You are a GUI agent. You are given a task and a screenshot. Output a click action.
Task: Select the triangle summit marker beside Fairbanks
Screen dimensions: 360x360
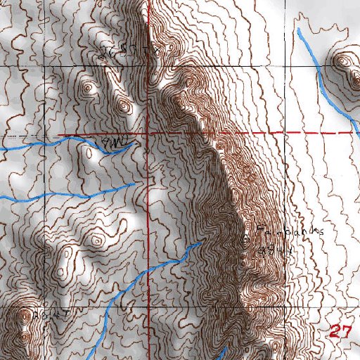tap(246, 239)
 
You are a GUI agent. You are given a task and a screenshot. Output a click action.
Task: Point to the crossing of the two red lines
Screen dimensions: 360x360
tap(148, 134)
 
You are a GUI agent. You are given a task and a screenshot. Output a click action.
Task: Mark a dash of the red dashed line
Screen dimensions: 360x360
tap(309, 133)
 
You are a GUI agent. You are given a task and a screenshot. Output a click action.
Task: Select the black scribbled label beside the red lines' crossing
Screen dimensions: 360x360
tap(112, 144)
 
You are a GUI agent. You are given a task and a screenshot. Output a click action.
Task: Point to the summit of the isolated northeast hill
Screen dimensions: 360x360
tap(342, 61)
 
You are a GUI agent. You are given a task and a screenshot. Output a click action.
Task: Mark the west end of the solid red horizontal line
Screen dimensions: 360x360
tap(59, 134)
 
